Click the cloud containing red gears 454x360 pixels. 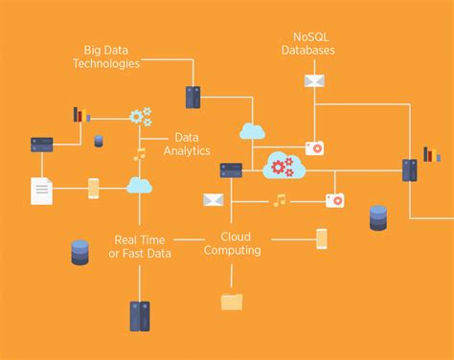[284, 166]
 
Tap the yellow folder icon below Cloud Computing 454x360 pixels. [232, 301]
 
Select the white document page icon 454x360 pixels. [41, 190]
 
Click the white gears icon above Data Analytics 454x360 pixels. [141, 117]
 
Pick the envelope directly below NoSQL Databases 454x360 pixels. [315, 80]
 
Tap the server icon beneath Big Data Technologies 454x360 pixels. [193, 97]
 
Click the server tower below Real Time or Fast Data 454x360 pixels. [140, 315]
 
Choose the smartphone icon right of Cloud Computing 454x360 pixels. [322, 237]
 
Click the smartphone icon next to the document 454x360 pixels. [94, 188]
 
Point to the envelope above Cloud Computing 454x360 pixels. [213, 200]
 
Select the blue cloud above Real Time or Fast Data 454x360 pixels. [140, 185]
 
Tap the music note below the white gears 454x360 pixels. [140, 153]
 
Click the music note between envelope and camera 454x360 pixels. [279, 200]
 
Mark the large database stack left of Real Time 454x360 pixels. [80, 252]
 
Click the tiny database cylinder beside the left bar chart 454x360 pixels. [99, 141]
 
